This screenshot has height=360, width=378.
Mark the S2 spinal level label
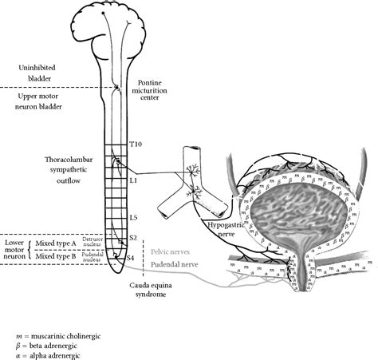click(135, 238)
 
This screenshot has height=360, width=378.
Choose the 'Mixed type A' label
click(53, 244)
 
